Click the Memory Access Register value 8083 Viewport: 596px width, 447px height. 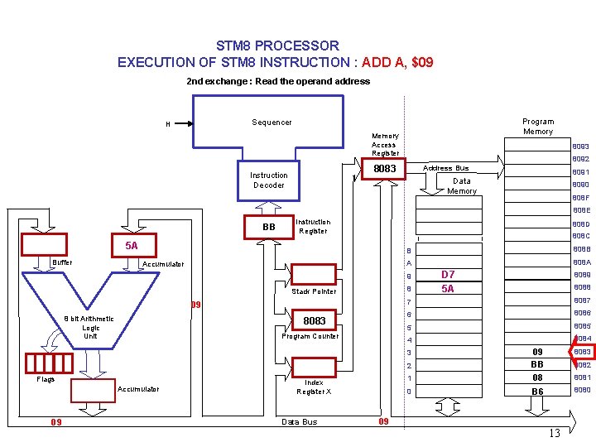[x=384, y=169]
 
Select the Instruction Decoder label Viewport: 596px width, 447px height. [x=268, y=180]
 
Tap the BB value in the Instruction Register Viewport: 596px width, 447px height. [x=268, y=227]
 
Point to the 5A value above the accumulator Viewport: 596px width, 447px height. [x=131, y=246]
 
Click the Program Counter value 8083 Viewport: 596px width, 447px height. [x=315, y=320]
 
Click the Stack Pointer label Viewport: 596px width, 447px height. [x=314, y=291]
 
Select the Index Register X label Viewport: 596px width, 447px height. [x=314, y=387]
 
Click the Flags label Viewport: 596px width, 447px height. [x=46, y=380]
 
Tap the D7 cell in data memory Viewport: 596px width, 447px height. [x=447, y=275]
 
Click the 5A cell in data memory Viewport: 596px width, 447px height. [x=447, y=289]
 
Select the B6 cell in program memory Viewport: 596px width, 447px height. [x=537, y=392]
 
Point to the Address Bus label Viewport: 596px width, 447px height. [x=446, y=168]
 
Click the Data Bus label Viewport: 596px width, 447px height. [x=299, y=422]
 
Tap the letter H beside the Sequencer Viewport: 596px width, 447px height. [x=168, y=125]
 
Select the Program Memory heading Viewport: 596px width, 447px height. [x=538, y=127]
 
